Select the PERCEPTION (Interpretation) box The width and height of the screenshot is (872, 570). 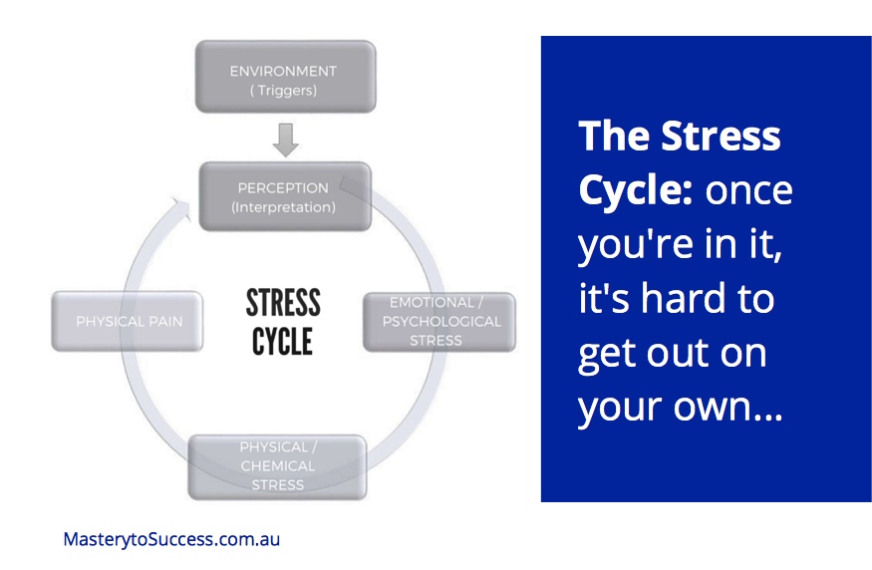click(284, 197)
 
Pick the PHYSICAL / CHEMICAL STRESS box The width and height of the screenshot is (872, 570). click(278, 465)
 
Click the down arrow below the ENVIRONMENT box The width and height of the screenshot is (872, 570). click(285, 140)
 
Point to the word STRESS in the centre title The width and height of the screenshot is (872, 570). click(283, 302)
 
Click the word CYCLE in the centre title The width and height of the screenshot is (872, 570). click(283, 342)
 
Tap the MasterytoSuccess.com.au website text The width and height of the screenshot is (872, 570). click(171, 539)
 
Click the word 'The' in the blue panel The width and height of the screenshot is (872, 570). click(612, 137)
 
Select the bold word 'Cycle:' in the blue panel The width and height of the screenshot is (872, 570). click(635, 190)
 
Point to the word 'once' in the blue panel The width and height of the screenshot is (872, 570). click(748, 190)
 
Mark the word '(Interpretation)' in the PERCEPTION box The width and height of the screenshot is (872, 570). click(284, 207)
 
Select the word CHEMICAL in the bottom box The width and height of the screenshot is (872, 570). click(278, 465)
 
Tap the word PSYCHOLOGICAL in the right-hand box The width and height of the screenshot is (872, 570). click(440, 321)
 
